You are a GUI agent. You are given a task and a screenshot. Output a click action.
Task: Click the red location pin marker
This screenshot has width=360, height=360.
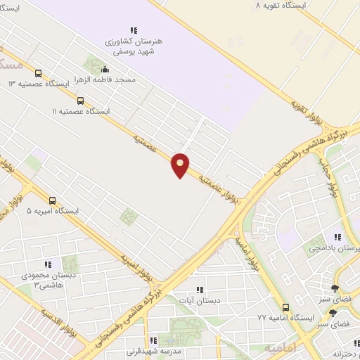pyautogui.click(x=181, y=165)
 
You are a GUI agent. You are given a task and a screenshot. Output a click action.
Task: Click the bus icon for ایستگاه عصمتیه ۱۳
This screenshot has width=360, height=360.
pyautogui.click(x=38, y=72)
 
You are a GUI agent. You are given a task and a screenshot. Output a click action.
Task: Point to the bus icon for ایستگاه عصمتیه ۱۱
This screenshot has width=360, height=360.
pyautogui.click(x=80, y=101)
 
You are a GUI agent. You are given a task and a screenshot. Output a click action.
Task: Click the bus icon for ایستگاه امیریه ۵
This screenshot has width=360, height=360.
pyautogui.click(x=52, y=200)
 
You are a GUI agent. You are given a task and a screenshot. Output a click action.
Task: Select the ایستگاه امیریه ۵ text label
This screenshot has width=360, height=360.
pyautogui.click(x=52, y=211)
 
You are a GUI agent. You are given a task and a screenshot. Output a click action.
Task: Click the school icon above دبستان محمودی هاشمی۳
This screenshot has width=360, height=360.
pyautogui.click(x=49, y=264)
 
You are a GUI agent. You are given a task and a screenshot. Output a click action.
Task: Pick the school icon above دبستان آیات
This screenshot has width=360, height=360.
pyautogui.click(x=200, y=289)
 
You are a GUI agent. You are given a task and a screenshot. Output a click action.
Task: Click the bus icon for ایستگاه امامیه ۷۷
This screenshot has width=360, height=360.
pyautogui.click(x=285, y=307)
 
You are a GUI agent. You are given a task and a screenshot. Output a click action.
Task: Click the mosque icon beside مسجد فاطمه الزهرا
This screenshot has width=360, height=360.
pyautogui.click(x=105, y=69)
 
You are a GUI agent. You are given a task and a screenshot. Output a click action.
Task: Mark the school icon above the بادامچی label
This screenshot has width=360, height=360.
pyautogui.click(x=337, y=237)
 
